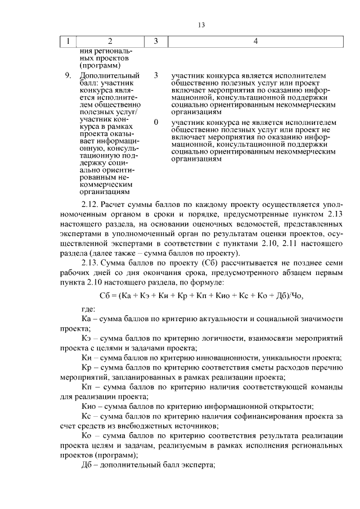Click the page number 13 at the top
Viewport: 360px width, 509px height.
[x=202, y=25]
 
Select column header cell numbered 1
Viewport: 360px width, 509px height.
[x=69, y=41]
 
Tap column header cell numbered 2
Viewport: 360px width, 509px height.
[x=110, y=41]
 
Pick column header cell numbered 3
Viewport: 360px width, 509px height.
[x=156, y=41]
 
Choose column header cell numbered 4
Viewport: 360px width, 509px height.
[x=255, y=41]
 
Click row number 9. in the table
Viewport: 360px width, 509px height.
[x=68, y=75]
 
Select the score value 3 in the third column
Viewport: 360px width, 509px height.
[x=156, y=75]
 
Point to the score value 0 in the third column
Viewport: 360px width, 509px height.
[x=156, y=121]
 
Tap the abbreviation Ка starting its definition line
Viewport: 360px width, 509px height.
[x=87, y=318]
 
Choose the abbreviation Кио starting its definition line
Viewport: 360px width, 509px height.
[x=89, y=407]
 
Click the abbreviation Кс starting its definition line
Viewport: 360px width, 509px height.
[x=87, y=417]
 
